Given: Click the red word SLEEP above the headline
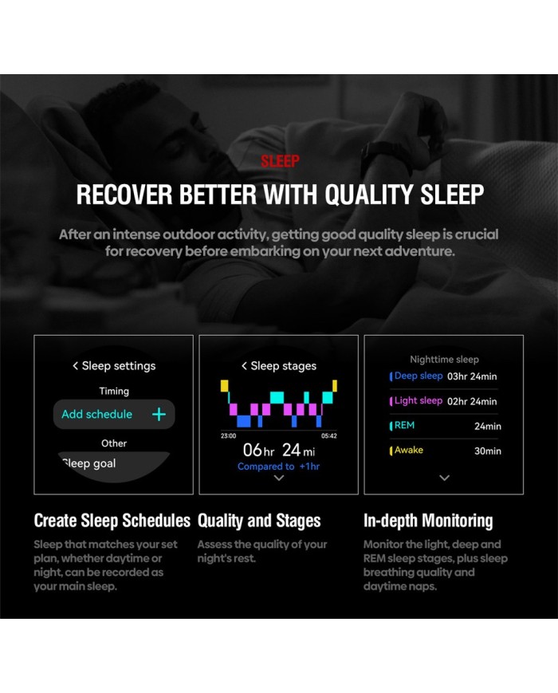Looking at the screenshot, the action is (x=280, y=161).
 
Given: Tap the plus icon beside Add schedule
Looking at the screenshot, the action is (x=159, y=414).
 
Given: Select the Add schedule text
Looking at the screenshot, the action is (x=96, y=414).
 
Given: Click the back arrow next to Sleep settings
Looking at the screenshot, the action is (x=75, y=365).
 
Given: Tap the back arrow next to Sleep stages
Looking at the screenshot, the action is (x=244, y=365).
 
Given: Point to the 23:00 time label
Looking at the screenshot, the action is (x=229, y=435).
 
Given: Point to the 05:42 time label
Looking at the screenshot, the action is (x=329, y=435).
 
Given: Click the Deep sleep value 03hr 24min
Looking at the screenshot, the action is (x=472, y=376).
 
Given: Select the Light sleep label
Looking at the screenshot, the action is (x=418, y=400).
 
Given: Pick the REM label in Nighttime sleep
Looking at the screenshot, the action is (x=404, y=425).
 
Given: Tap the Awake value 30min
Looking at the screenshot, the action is (x=488, y=451).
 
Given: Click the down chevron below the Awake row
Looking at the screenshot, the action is (x=445, y=478).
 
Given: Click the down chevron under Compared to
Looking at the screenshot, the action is (x=279, y=478).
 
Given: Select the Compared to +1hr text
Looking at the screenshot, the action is (x=278, y=467).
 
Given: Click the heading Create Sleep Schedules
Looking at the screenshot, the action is (x=112, y=521).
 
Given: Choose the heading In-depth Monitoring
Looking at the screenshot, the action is (x=428, y=521).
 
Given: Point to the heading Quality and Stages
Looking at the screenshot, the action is (x=259, y=521).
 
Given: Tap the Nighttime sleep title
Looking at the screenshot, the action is (x=445, y=360).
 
